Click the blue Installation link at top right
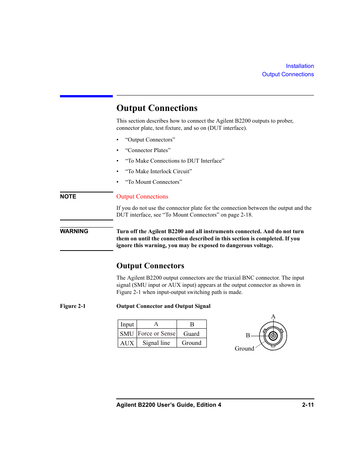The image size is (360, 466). (x=300, y=66)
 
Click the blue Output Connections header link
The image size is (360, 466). (x=288, y=74)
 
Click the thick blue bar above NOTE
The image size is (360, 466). (x=86, y=96)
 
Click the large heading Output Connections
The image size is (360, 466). (x=157, y=108)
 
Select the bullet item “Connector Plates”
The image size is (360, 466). (x=148, y=150)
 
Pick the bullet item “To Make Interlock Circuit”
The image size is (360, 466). (x=158, y=171)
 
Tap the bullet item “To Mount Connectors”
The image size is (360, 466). (x=153, y=182)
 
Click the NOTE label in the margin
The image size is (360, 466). (x=68, y=197)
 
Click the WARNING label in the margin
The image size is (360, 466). (x=74, y=231)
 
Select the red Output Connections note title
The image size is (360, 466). (x=142, y=197)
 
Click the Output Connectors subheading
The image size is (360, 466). (x=150, y=266)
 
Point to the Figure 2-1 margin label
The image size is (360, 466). (x=72, y=306)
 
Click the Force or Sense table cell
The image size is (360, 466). (x=157, y=334)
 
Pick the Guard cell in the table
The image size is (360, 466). (x=191, y=334)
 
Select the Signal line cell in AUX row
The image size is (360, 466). (x=156, y=343)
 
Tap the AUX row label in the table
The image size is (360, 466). (x=127, y=343)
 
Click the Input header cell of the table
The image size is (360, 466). (x=127, y=325)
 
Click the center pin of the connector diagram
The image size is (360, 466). (x=273, y=336)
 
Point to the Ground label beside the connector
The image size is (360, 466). (x=244, y=349)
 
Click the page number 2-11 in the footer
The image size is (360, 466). (x=308, y=405)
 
